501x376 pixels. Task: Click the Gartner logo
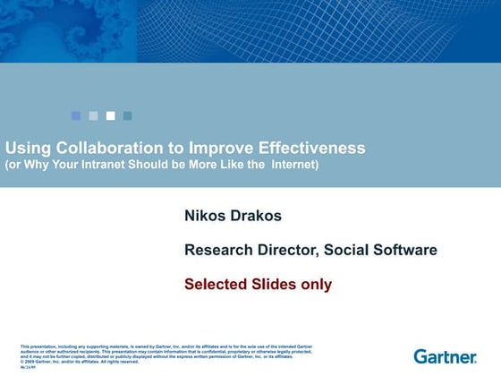[x=445, y=355]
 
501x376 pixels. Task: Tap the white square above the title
[x=111, y=115]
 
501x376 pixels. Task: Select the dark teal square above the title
[x=128, y=115]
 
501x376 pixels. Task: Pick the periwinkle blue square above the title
[x=76, y=115]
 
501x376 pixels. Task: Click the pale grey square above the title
[x=93, y=115]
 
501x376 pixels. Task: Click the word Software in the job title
[x=406, y=250]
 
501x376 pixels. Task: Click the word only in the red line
[x=317, y=285]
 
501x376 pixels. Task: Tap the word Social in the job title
[x=352, y=250]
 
